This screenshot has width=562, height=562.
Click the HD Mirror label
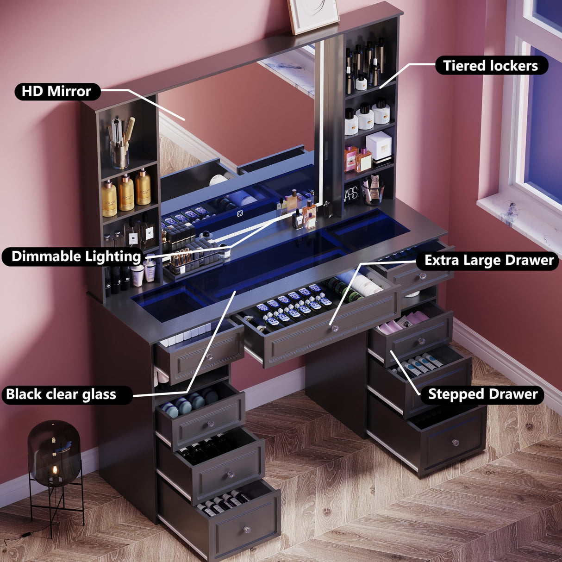(57, 91)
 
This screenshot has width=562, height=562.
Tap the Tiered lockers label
(491, 66)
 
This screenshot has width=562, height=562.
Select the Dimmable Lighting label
(76, 256)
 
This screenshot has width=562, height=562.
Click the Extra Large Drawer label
(489, 261)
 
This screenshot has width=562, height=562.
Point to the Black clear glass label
(61, 394)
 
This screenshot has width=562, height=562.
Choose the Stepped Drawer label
(482, 394)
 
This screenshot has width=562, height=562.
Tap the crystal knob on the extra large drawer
(334, 328)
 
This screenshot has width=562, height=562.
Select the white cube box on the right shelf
(379, 146)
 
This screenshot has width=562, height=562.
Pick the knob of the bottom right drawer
(455, 443)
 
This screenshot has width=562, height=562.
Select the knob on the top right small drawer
(422, 276)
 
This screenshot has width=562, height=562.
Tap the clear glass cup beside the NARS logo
(373, 191)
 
